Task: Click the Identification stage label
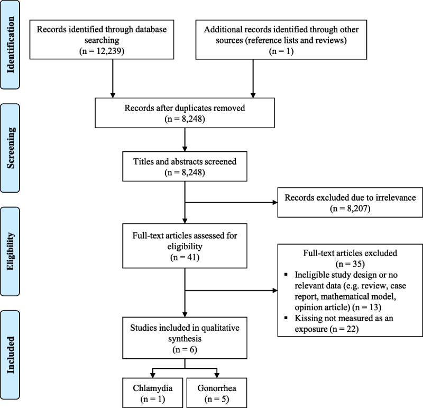10,45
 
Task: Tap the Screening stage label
10,148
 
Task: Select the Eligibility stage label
10,251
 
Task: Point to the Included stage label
10,355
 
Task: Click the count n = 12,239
102,51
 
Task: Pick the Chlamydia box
153,393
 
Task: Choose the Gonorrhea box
217,393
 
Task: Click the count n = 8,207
350,208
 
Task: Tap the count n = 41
185,257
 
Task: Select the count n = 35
350,264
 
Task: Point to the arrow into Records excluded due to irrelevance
231,202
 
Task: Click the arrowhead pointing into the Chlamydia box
153,375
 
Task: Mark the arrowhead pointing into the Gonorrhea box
217,375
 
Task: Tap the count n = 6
185,349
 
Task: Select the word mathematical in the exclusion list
346,296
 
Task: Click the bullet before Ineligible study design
286,275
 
